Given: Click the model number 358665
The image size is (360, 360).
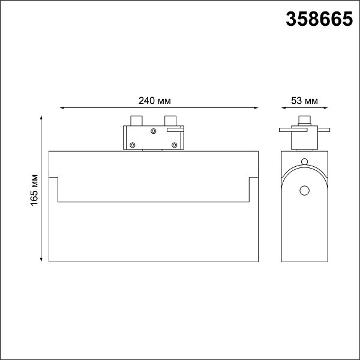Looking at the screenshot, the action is (319, 19).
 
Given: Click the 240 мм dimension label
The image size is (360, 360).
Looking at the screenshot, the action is (155, 101).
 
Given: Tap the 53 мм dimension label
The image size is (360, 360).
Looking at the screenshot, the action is (304, 101).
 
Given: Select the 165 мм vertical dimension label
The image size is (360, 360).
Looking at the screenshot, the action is (34, 190).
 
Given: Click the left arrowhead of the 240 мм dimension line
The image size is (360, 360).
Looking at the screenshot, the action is (62, 107).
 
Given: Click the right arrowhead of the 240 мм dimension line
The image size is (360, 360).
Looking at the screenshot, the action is (256, 107).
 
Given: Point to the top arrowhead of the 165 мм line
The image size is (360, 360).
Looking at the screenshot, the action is (41, 118).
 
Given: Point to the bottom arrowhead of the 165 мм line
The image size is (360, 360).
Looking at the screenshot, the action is (41, 260).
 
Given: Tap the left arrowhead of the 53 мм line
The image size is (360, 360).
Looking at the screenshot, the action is (283, 107).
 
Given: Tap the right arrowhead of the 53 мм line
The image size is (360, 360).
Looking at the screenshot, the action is (326, 107).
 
